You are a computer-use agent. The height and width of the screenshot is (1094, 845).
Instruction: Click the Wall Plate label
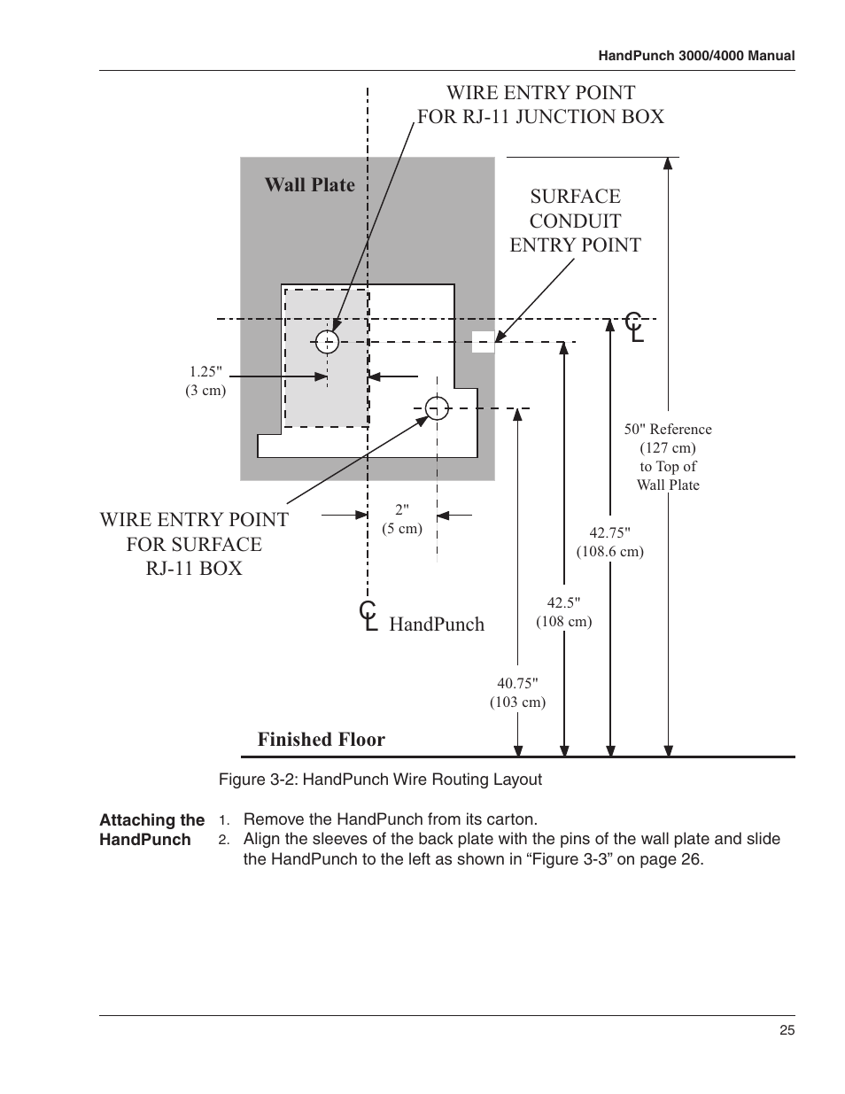309,184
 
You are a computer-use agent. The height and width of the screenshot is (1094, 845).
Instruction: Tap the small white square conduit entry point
483,341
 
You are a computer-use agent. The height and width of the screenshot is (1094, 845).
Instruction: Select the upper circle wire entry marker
328,341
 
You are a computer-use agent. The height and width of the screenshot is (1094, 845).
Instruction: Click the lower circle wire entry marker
437,407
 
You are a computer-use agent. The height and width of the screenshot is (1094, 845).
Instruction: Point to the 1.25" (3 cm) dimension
205,381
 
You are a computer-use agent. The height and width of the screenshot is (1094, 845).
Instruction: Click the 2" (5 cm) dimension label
402,519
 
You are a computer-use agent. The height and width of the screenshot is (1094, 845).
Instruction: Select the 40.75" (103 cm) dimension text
517,692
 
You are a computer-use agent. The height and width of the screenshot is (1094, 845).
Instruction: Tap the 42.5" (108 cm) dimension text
563,612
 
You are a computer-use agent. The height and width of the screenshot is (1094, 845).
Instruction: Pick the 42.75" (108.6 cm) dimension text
609,541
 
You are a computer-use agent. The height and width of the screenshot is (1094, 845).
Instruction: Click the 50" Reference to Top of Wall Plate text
668,456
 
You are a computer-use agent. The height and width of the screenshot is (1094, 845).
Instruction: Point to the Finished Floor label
322,739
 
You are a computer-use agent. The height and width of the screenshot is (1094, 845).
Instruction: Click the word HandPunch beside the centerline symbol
437,624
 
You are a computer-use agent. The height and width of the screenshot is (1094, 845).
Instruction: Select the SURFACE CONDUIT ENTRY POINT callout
575,221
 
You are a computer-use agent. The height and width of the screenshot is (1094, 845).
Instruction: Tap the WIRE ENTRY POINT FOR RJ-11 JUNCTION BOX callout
540,105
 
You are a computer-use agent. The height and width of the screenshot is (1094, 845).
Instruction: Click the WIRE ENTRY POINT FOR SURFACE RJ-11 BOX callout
194,544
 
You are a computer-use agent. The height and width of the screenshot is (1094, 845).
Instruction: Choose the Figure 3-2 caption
381,780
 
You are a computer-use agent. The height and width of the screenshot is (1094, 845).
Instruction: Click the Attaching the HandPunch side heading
151,830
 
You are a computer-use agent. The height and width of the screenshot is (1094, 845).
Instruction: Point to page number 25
787,1030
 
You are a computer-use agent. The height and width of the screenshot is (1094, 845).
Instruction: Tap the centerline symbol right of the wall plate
634,327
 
